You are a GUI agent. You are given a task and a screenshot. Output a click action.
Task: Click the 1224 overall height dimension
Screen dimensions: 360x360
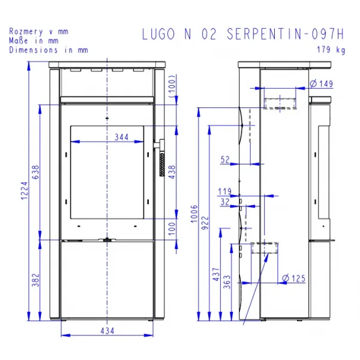point(25,191)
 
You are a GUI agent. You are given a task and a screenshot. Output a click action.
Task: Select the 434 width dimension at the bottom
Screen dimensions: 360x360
point(107,331)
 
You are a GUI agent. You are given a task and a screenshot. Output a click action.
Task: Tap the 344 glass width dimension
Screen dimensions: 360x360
point(121,137)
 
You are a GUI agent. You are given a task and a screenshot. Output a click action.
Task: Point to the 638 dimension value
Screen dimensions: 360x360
point(35,172)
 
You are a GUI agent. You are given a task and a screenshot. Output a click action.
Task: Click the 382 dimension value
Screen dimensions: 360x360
point(35,280)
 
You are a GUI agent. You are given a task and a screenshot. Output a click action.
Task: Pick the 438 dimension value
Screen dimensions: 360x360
point(172,172)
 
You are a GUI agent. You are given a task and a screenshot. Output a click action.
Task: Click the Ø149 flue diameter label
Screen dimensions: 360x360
point(321,83)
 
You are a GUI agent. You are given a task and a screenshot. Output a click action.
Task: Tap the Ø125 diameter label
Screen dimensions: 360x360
point(293,278)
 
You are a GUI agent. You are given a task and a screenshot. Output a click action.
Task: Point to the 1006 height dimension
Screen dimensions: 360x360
point(194,214)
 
